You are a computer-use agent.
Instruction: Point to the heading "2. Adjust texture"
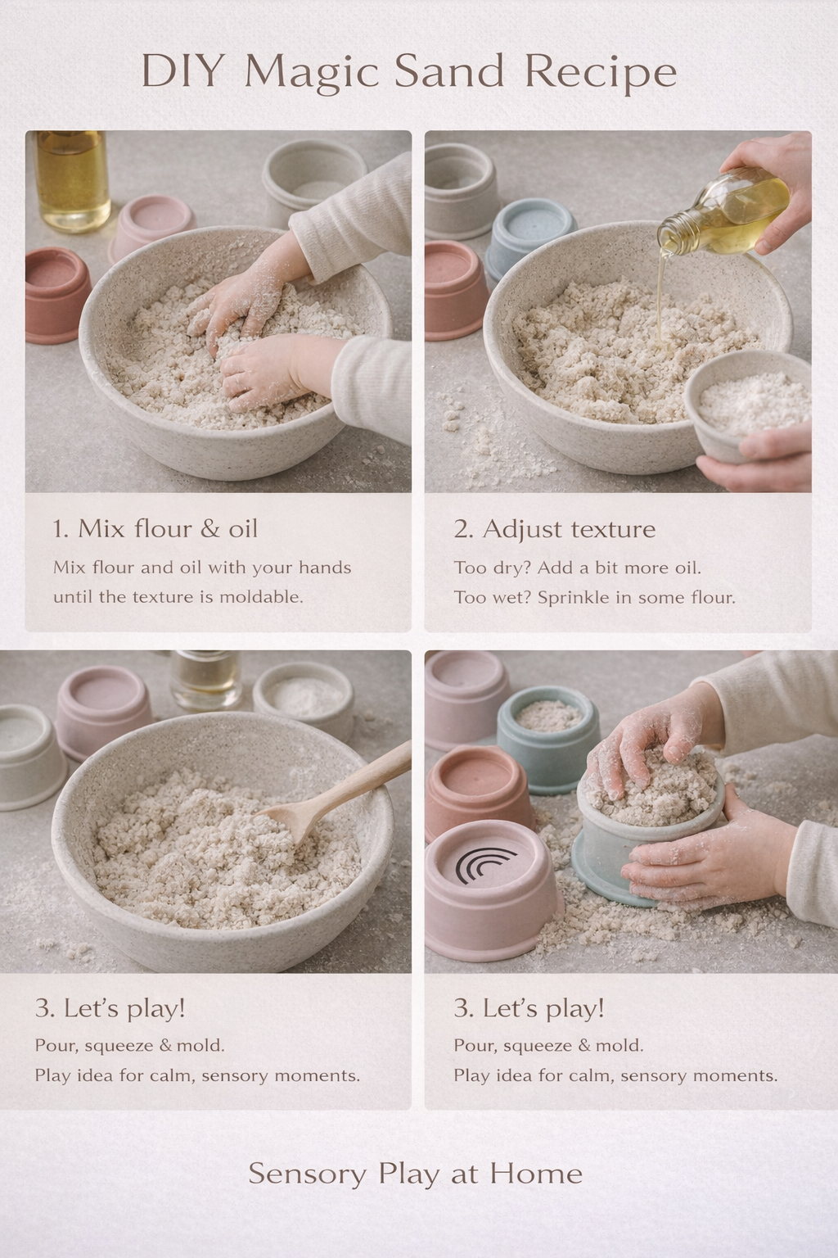coord(555,529)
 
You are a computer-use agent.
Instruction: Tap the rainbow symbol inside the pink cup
coord(486,864)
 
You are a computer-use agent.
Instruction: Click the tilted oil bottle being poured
coord(724,210)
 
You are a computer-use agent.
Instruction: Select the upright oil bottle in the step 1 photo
coord(72,181)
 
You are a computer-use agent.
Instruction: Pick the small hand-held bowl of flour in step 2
coord(747,405)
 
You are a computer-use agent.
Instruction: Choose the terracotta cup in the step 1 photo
coord(57,294)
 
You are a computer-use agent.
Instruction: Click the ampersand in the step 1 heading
coord(210,529)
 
